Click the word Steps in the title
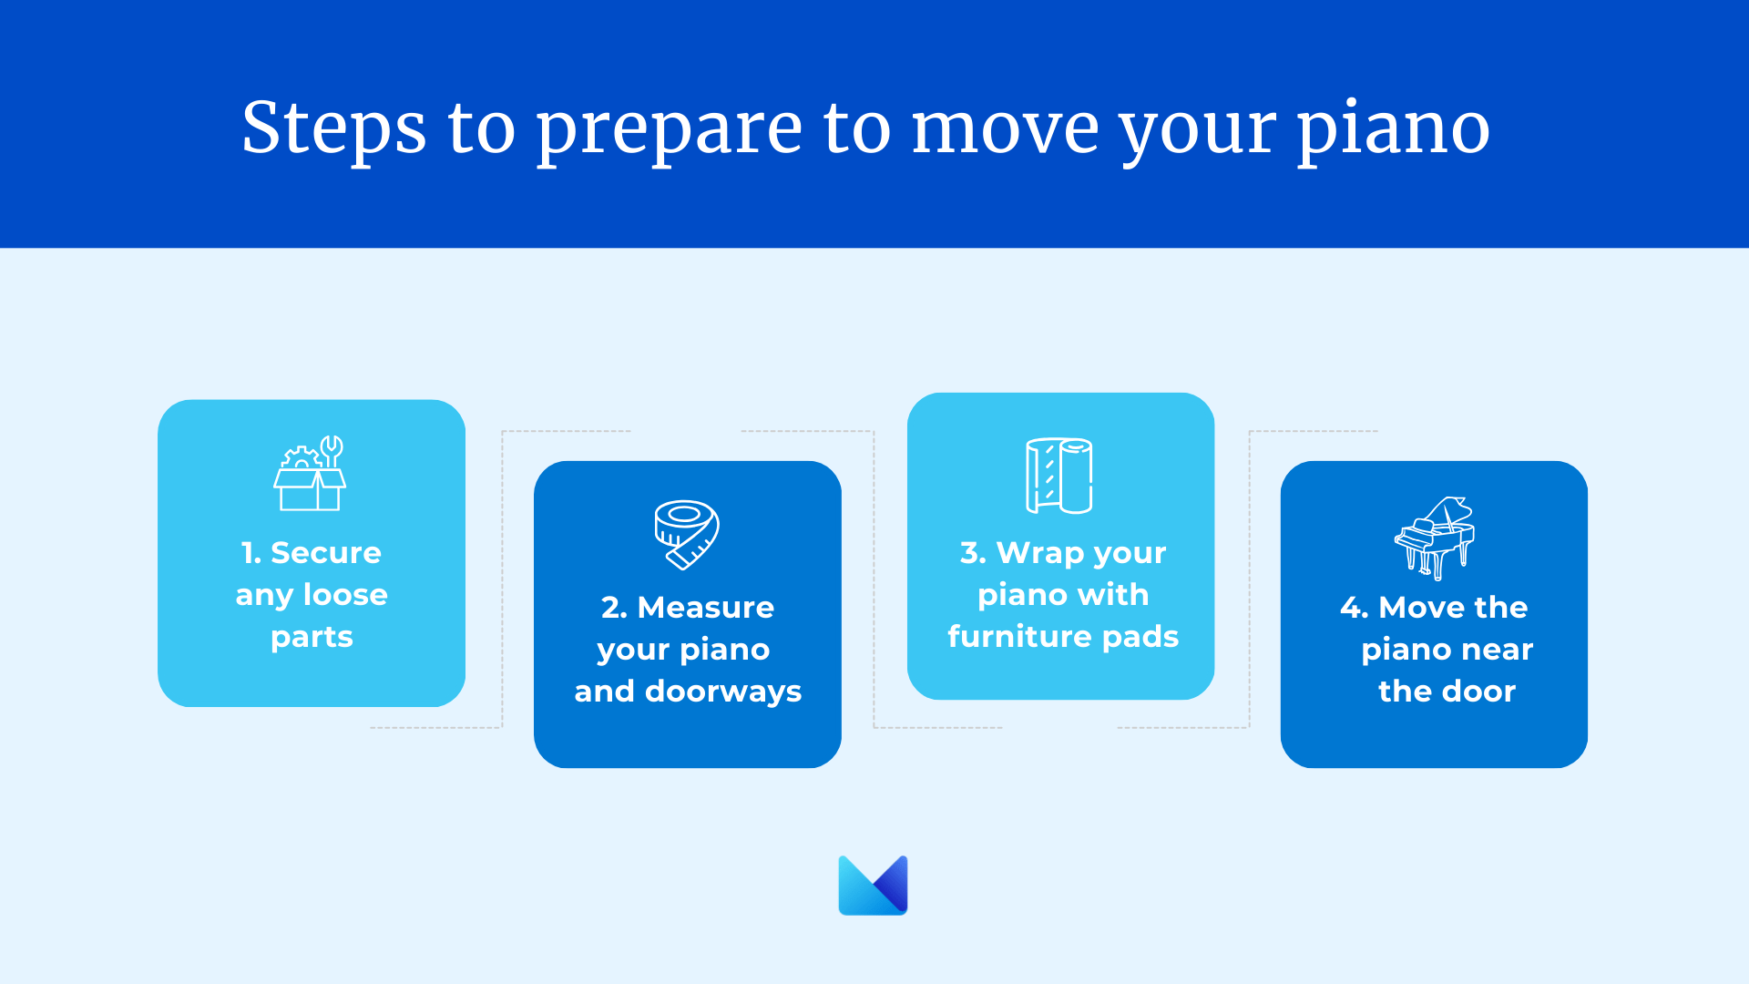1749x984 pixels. [333, 128]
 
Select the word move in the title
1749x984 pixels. [1005, 130]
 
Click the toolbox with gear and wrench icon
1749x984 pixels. [311, 473]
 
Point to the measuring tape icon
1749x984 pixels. [687, 535]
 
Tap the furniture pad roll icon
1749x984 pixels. [1059, 476]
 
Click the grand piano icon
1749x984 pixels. [1435, 538]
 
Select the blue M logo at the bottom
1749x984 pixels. [873, 885]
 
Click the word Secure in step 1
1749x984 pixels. [326, 553]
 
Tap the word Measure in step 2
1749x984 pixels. [706, 608]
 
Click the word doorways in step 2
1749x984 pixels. [723, 692]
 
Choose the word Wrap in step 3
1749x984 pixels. [1040, 554]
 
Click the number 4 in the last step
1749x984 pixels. [1350, 608]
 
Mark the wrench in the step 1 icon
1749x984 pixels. [332, 450]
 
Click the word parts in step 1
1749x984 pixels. [312, 638]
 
